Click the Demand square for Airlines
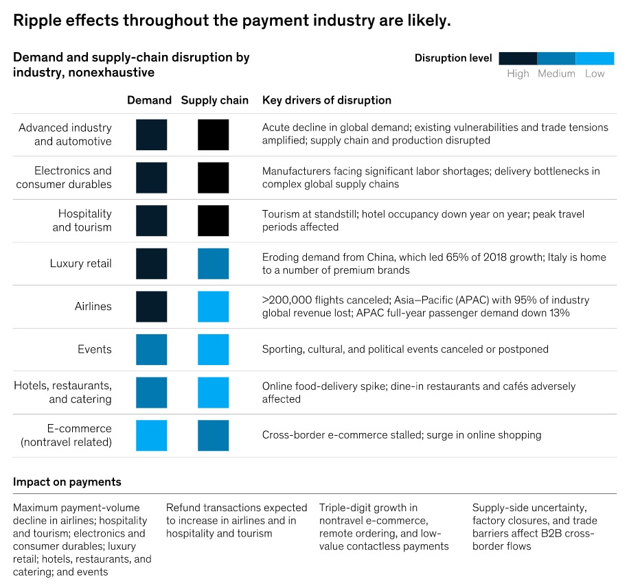coord(151,307)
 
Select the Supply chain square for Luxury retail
coord(213,263)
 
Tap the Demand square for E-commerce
coord(151,435)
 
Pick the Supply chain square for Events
coord(213,349)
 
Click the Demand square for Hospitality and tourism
coord(151,221)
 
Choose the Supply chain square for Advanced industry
coord(213,134)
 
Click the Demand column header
coord(149,100)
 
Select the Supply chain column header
coord(214,100)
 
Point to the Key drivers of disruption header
coord(326,100)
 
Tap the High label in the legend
coord(518,73)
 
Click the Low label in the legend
coord(595,73)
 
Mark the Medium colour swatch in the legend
coord(556,58)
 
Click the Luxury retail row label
coord(80,263)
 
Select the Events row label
coord(94,349)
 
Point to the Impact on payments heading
coord(67,482)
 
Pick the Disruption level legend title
coord(453,58)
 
